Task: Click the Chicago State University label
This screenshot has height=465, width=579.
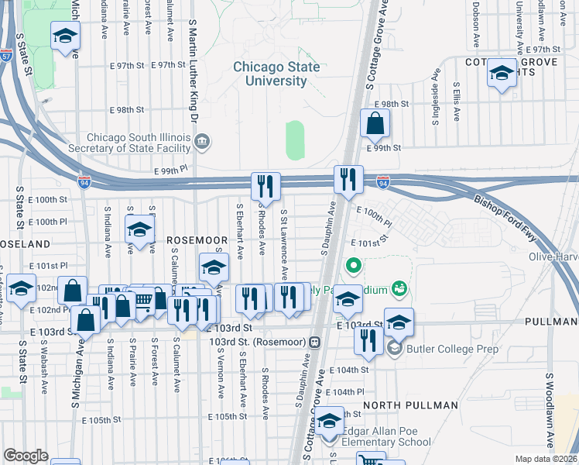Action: (276, 74)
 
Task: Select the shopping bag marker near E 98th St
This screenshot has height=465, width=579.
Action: (375, 124)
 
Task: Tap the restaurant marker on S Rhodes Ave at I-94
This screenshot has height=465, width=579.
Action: (265, 186)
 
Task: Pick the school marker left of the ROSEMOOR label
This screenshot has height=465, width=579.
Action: (140, 231)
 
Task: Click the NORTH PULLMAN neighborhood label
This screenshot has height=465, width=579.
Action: (401, 405)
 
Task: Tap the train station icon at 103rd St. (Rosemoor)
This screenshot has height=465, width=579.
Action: (314, 342)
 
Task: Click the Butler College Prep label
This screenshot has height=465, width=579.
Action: (446, 348)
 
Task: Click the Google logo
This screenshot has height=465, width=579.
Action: (26, 456)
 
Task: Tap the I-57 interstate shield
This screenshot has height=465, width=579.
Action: (6, 57)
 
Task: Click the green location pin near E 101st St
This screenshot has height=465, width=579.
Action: (354, 267)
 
